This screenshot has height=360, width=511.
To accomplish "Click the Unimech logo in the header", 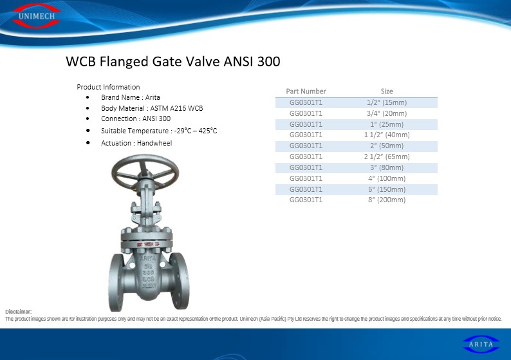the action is [x=36, y=15].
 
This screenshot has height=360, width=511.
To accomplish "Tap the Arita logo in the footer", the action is [x=481, y=344].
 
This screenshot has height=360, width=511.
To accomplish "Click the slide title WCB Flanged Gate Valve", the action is [x=173, y=61].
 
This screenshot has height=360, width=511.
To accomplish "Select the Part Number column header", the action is [x=306, y=91].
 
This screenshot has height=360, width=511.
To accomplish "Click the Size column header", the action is [x=387, y=91].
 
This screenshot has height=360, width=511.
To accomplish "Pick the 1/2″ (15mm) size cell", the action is [x=387, y=102].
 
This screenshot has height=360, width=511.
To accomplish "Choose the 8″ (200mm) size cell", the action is [x=387, y=200].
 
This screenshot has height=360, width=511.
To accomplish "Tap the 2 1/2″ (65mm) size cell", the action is [x=387, y=156].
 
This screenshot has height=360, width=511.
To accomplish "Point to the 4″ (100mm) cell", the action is [x=387, y=178].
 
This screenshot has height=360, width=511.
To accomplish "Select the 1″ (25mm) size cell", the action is [x=387, y=124].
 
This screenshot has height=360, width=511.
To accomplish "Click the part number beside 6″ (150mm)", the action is [x=306, y=189].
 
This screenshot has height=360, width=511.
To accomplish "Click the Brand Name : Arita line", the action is [x=131, y=97].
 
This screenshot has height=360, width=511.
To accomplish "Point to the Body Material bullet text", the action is [x=152, y=108].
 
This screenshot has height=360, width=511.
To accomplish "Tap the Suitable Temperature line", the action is [x=159, y=131].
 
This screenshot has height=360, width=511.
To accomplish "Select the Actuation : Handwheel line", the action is [x=136, y=143].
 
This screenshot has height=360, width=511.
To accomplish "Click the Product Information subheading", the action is [x=108, y=87].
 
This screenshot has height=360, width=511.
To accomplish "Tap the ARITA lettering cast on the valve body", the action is [x=148, y=258].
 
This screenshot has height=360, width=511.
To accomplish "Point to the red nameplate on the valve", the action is [x=147, y=244].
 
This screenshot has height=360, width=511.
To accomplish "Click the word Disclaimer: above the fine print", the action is [x=18, y=312].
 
